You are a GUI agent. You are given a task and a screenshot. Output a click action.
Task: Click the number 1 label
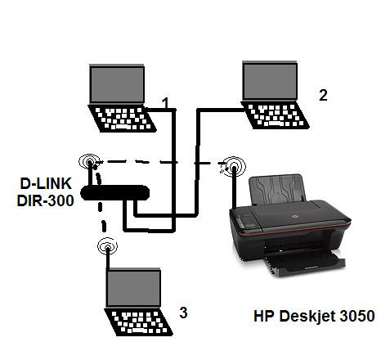[165, 103]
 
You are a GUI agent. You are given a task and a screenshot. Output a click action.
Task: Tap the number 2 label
[323, 96]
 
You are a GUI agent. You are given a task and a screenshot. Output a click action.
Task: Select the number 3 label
[183, 313]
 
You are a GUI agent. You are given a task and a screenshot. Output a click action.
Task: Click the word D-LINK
[46, 183]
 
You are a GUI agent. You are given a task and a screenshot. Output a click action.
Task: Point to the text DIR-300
[45, 200]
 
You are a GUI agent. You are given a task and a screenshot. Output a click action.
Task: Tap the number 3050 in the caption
[357, 316]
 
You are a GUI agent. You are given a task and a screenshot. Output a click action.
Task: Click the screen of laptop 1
[117, 84]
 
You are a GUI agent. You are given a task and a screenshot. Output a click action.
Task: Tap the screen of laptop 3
[133, 289]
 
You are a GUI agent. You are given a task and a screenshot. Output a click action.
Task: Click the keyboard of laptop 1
[123, 119]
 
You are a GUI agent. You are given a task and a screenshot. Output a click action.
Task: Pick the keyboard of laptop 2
[276, 115]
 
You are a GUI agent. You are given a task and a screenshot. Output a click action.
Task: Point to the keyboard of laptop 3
[139, 322]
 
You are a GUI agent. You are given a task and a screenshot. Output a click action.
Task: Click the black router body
[115, 193]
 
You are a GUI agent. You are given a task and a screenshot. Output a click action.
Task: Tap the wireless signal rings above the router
[89, 162]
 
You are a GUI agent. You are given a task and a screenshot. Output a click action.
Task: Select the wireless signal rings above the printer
[234, 166]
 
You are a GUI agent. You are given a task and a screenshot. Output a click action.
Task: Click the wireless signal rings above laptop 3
[107, 246]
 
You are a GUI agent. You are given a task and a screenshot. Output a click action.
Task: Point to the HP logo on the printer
[294, 217]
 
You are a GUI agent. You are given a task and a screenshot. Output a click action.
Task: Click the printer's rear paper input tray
[278, 189]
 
